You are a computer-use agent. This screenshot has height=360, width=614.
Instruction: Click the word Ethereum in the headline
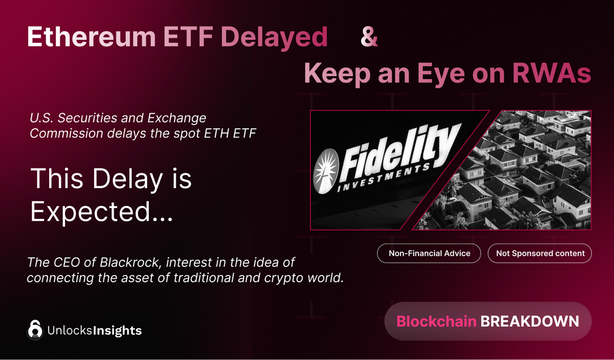(90, 37)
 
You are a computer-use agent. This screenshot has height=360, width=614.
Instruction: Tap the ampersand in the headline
(369, 37)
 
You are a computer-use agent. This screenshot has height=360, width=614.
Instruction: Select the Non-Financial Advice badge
(429, 253)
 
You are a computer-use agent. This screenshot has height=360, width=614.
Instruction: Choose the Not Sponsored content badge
(540, 253)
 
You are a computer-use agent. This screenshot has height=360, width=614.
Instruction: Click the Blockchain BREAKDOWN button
(488, 321)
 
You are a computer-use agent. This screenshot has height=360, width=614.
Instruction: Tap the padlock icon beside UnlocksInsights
(35, 330)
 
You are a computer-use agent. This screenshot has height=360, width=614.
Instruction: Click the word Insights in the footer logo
(117, 330)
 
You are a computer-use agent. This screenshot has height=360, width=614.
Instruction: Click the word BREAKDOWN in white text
(530, 321)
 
